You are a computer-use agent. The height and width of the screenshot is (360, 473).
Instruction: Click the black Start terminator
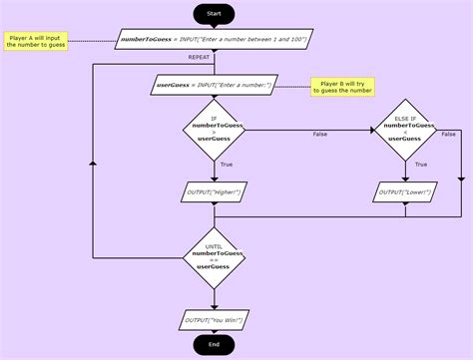pos(214,14)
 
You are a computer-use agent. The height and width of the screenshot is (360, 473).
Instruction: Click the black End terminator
pos(214,344)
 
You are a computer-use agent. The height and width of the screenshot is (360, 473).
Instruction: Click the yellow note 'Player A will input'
pos(35,42)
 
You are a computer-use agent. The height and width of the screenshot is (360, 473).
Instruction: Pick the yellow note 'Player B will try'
pos(343,87)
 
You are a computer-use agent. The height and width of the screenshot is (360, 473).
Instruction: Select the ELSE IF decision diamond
pos(406,130)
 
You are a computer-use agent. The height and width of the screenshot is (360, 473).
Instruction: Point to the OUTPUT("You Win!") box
pos(214,319)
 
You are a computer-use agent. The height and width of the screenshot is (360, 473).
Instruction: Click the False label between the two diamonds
pos(319,134)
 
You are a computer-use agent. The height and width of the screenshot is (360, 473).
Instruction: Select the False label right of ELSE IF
pos(449,134)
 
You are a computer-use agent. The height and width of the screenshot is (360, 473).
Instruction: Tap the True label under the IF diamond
pos(227,165)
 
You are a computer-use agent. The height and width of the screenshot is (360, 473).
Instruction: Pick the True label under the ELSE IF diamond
pos(420,165)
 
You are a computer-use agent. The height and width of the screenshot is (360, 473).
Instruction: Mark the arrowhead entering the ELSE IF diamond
pos(370,130)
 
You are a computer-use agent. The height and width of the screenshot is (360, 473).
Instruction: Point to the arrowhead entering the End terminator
pos(214,332)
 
